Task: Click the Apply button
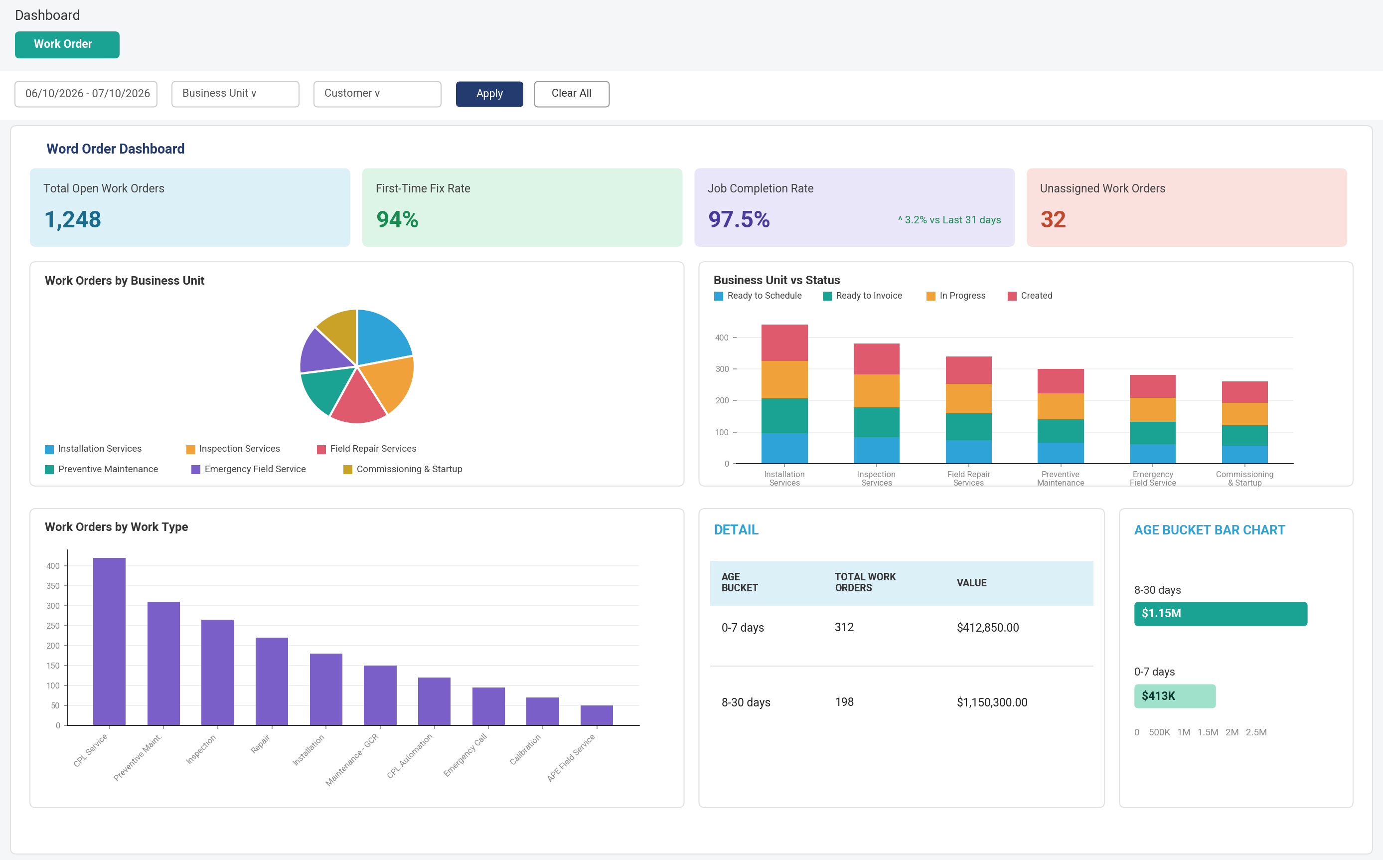[489, 94]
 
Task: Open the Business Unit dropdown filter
[235, 94]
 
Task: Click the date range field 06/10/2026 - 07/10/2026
[86, 94]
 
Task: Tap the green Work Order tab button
[67, 44]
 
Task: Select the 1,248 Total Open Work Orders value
[73, 219]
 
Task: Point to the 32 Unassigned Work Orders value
[1053, 219]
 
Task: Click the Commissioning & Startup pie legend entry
[403, 469]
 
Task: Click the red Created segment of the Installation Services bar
[784, 343]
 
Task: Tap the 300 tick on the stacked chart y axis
[722, 369]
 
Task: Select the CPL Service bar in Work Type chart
[109, 642]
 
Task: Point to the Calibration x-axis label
[525, 749]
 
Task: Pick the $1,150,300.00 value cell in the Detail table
[992, 702]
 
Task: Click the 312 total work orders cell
[844, 627]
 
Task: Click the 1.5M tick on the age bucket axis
[1208, 732]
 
